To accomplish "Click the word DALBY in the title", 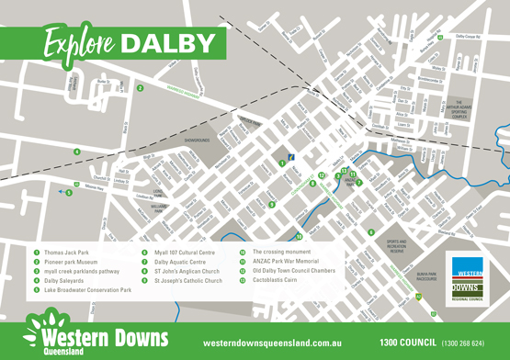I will click(171, 42).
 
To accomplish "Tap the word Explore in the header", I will click(81, 42).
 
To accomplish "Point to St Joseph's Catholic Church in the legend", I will click(187, 280).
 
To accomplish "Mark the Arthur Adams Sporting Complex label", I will click(459, 110).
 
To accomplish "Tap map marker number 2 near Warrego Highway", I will click(139, 88).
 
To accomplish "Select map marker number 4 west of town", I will click(76, 151).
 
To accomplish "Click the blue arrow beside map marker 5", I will click(61, 191).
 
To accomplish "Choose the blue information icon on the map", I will click(290, 159).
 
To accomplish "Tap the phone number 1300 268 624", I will click(465, 342).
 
